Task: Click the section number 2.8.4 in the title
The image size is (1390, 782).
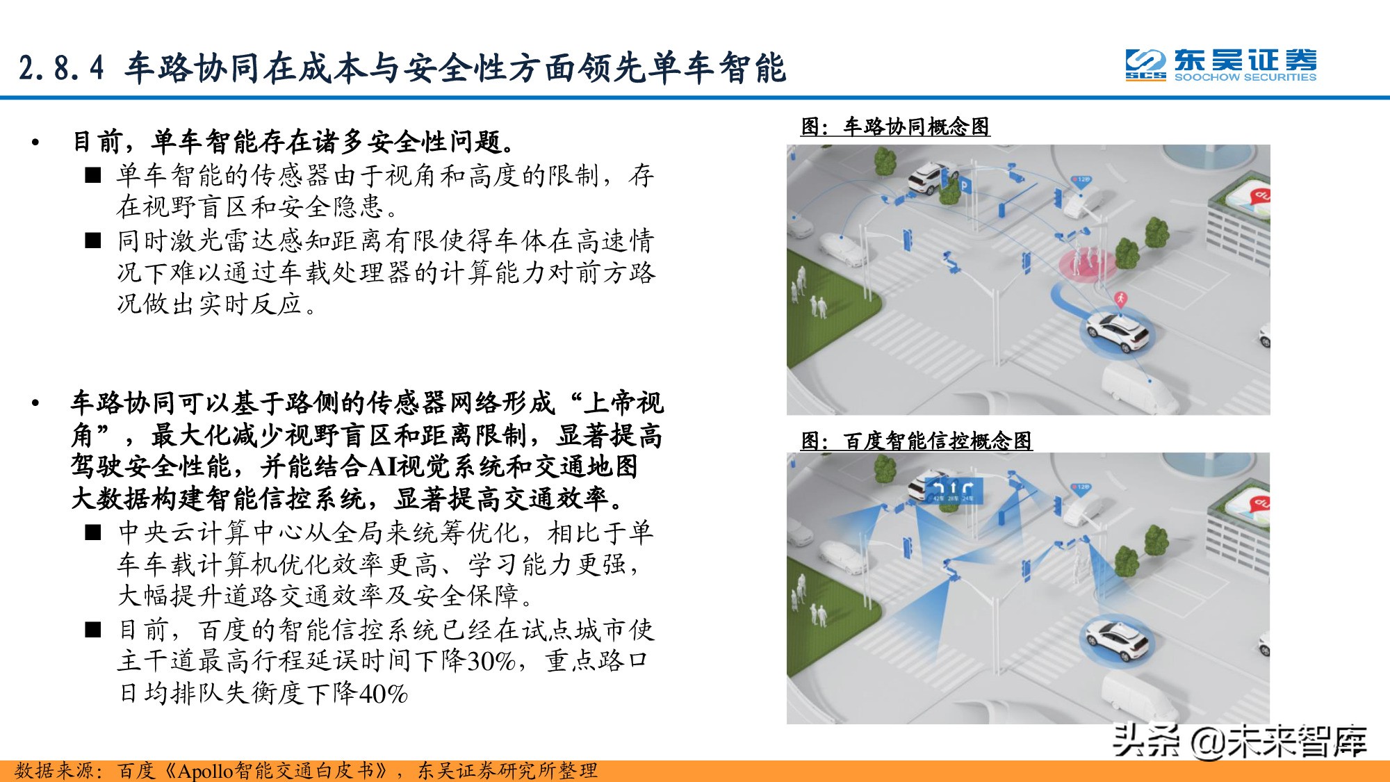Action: [61, 68]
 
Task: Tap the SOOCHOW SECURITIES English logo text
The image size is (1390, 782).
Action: [1245, 77]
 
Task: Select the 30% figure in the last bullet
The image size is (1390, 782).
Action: [491, 661]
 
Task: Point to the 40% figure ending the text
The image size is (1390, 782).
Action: [382, 694]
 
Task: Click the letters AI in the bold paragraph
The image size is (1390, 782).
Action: [382, 466]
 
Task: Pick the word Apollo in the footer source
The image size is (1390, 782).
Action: [206, 771]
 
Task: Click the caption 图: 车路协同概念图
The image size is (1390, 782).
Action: [895, 127]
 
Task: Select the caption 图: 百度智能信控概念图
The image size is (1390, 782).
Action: [916, 441]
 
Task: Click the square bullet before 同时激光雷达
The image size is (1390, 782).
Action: [93, 241]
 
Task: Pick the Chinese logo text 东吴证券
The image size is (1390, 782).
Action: [1245, 60]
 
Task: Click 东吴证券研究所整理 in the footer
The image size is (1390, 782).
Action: [507, 771]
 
